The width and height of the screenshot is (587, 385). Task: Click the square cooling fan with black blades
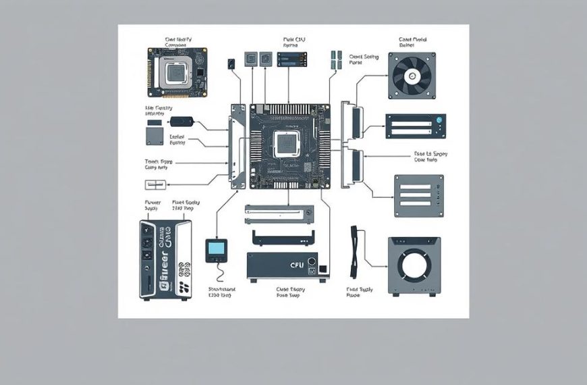point(412,76)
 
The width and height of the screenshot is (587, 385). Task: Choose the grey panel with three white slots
point(418,195)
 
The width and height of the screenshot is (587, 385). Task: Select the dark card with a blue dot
point(415,126)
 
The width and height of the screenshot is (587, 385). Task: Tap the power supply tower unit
point(166,259)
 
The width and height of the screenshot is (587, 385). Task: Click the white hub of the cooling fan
point(412,76)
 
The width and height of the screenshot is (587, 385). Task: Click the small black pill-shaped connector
point(181,122)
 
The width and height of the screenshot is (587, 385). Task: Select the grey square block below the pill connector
point(155,137)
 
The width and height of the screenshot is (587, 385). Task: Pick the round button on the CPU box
point(312,262)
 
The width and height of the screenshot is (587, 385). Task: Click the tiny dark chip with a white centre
point(231,61)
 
